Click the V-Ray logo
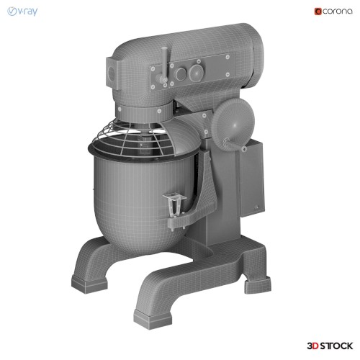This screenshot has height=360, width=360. point(22,12)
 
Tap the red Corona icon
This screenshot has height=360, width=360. point(318,12)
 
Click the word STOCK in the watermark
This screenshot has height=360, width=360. point(337,346)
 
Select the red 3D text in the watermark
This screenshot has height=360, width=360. point(313,346)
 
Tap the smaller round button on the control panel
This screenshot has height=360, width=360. point(180,74)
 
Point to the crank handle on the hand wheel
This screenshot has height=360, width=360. point(235,145)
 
